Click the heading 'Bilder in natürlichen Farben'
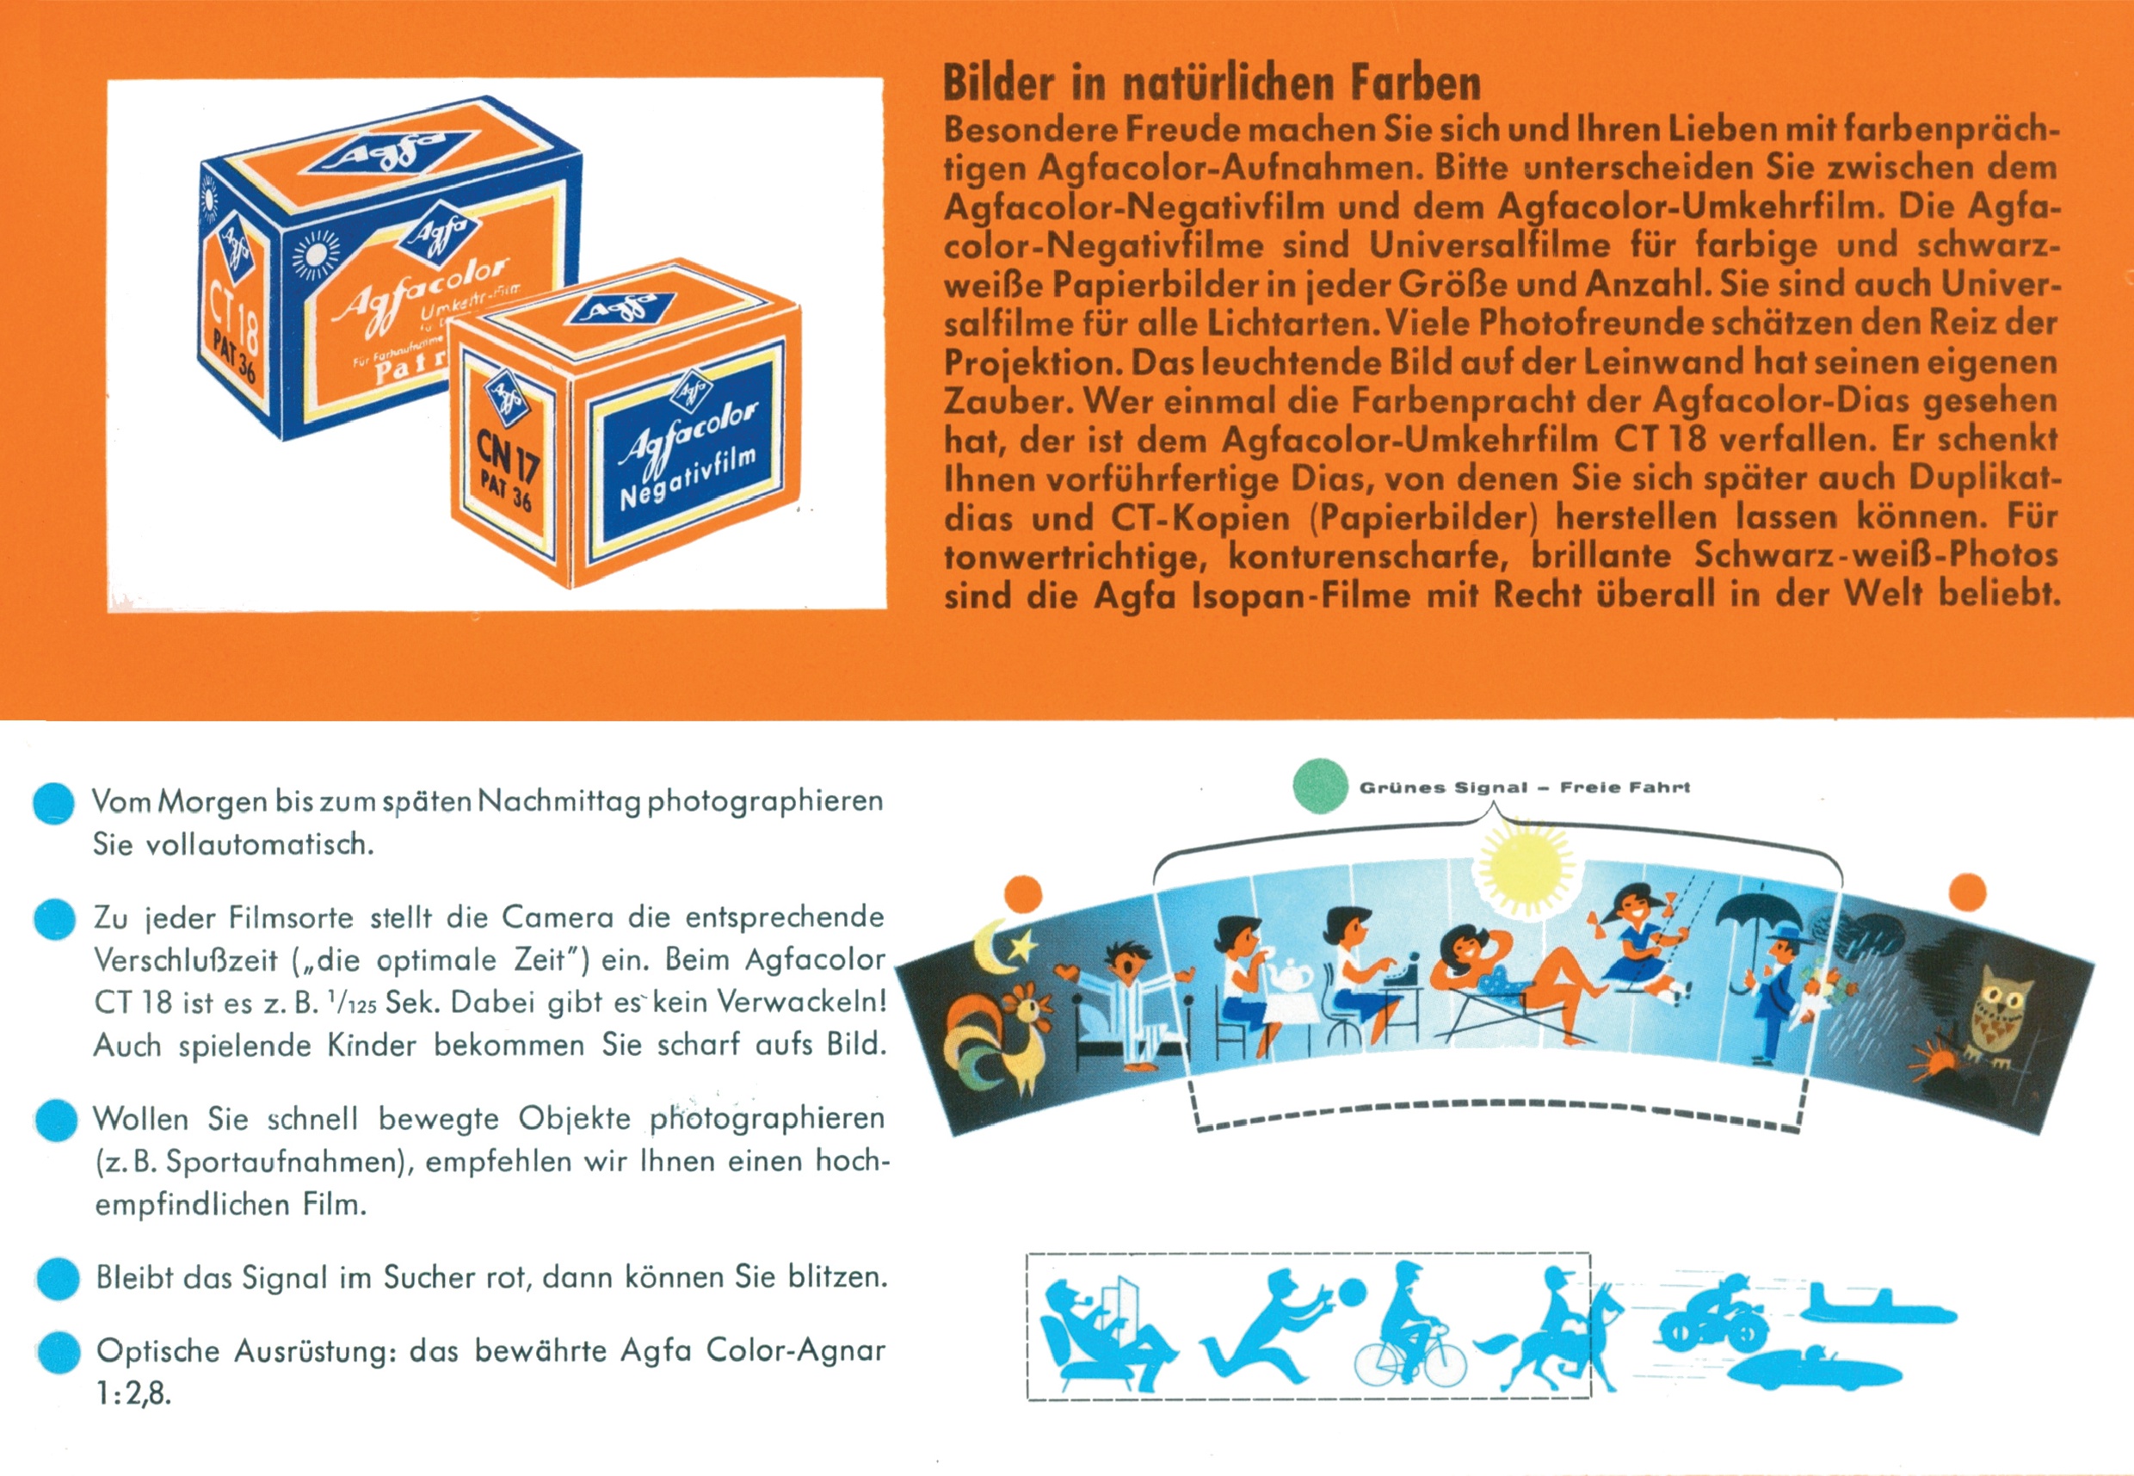tap(1212, 83)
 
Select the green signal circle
tap(1320, 786)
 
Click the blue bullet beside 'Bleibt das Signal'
tap(59, 1279)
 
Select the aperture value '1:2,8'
tap(133, 1393)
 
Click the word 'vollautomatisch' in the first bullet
tap(259, 844)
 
